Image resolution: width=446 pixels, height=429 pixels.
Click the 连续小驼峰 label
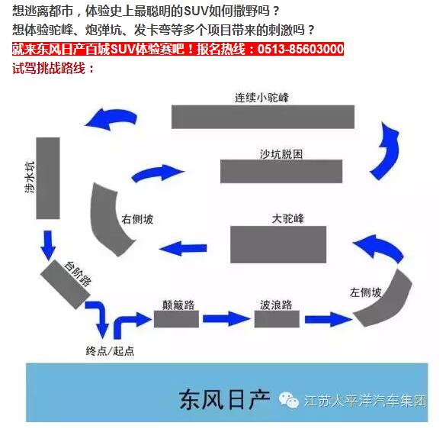[x=262, y=98]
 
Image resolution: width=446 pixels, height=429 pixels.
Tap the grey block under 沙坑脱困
[x=281, y=171]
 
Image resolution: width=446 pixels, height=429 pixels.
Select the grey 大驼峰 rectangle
[x=278, y=244]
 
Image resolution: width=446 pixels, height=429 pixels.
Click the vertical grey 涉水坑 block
[x=48, y=179]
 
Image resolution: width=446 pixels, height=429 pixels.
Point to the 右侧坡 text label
[x=137, y=219]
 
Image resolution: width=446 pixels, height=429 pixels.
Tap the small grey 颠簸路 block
[x=176, y=319]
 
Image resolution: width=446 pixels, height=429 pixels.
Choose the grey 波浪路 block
[x=277, y=319]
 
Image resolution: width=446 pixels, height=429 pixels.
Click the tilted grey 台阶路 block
[x=65, y=284]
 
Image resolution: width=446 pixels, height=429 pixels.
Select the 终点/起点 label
[x=110, y=350]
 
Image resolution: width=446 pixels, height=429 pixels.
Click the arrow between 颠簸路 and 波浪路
[x=226, y=319]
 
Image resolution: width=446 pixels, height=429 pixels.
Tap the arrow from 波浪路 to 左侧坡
[x=329, y=319]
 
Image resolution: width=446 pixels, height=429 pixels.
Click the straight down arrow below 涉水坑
[x=48, y=245]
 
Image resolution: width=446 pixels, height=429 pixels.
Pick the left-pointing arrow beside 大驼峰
[x=183, y=248]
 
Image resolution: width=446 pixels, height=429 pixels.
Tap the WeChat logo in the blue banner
[x=288, y=400]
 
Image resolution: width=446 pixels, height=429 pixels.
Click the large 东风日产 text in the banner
[x=224, y=399]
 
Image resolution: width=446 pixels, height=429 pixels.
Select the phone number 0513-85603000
[x=300, y=49]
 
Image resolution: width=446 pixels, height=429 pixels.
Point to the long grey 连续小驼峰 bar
[x=263, y=117]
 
